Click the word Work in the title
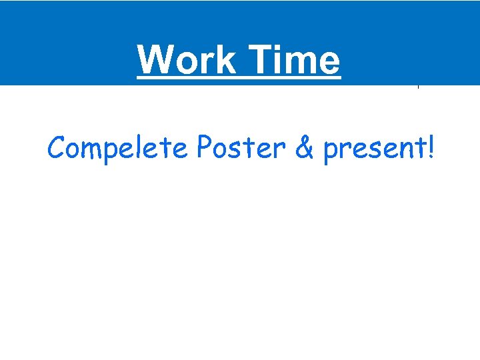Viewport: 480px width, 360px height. (187, 59)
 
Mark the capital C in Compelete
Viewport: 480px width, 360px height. (56, 148)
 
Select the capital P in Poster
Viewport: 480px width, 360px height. (204, 148)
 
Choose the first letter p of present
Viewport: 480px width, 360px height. (330, 152)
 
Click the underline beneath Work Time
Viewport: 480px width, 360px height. (239, 78)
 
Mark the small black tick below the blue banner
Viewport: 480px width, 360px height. (418, 87)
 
